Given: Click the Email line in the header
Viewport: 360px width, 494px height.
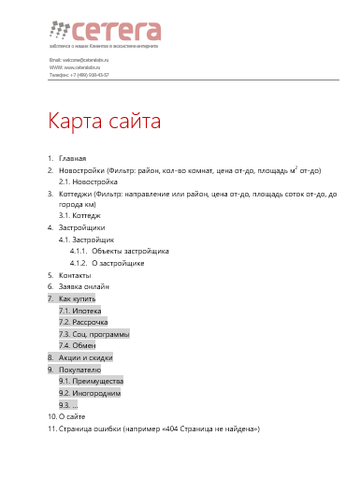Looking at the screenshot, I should pyautogui.click(x=79, y=59).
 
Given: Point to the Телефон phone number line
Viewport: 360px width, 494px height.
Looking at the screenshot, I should pyautogui.click(x=79, y=74).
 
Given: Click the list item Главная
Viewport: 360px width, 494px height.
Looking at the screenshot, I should pyautogui.click(x=72, y=159).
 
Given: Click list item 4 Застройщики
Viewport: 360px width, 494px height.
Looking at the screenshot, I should pyautogui.click(x=81, y=227).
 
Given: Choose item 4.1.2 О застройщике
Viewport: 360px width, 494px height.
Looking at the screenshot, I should pyautogui.click(x=117, y=263).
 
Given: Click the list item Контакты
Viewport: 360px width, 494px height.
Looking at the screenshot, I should pyautogui.click(x=75, y=275).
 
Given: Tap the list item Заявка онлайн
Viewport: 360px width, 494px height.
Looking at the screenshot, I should pyautogui.click(x=83, y=286).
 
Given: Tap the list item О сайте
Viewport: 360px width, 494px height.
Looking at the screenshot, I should pyautogui.click(x=73, y=416).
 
